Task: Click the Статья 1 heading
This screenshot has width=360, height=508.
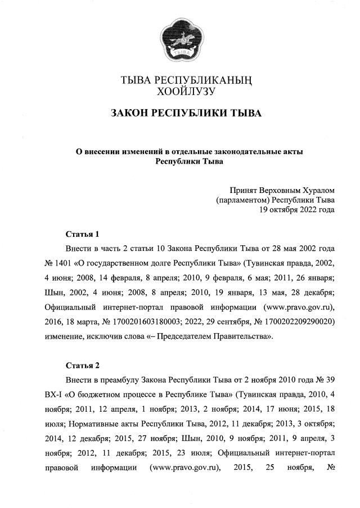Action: (82, 233)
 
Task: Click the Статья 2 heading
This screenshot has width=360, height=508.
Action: (82, 365)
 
